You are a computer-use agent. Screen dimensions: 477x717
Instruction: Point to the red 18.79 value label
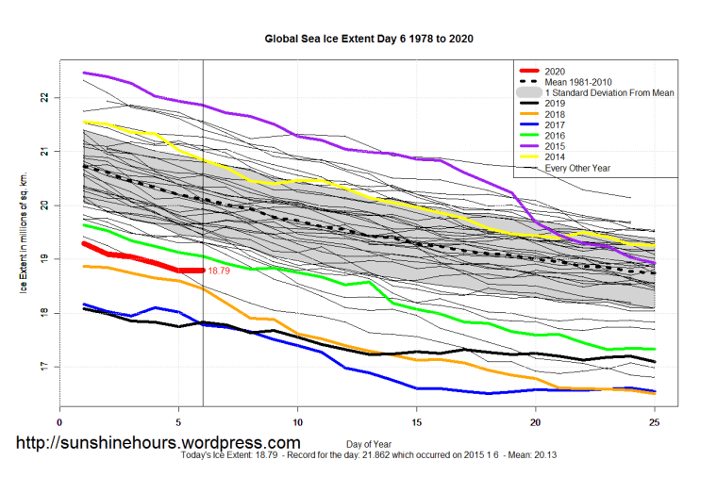(219, 271)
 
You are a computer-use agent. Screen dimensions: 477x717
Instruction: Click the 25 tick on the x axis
(656, 423)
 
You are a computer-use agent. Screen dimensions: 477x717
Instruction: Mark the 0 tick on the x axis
(60, 423)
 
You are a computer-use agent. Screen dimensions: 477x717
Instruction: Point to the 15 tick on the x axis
(417, 423)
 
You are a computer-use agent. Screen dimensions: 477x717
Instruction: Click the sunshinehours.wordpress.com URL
(158, 442)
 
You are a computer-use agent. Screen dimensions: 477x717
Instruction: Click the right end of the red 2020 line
(202, 271)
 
